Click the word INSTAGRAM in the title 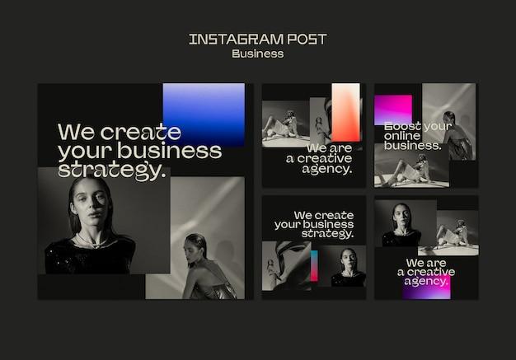[x=236, y=39]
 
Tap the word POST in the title [x=307, y=39]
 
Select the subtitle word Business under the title [x=258, y=54]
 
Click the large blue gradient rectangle [x=204, y=114]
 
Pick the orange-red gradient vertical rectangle [x=346, y=112]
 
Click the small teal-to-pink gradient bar [x=314, y=265]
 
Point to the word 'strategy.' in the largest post [x=112, y=170]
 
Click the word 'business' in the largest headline [x=170, y=151]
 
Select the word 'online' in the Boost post [x=402, y=136]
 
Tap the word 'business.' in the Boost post [x=413, y=146]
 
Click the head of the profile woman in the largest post [x=195, y=245]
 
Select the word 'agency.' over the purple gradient [x=426, y=281]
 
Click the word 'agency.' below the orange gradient [x=327, y=169]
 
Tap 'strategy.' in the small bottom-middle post [x=327, y=233]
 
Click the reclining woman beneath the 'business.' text [x=406, y=171]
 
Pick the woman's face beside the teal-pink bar [x=348, y=259]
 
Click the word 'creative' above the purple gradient [x=431, y=272]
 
